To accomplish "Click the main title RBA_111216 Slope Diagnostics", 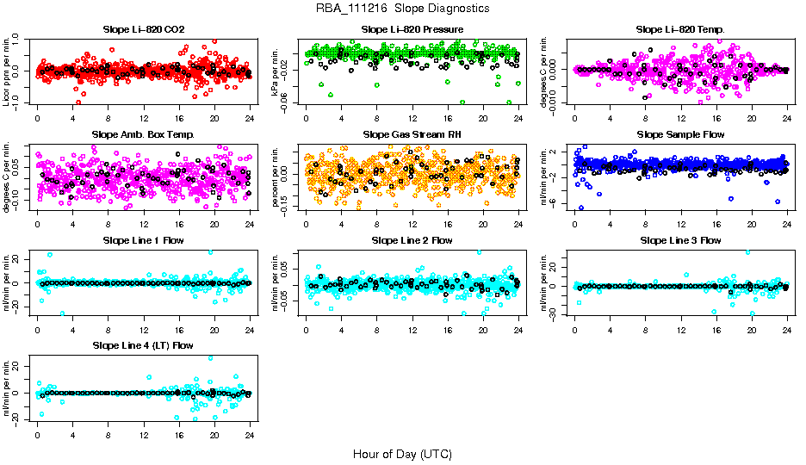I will tap(403, 8).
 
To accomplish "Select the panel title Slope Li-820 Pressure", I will tap(412, 29).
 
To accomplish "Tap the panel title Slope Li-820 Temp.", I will tap(680, 29).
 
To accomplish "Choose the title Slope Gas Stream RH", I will tap(412, 134).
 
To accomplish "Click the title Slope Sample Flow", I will tap(680, 134).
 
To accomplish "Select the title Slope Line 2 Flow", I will tap(412, 240).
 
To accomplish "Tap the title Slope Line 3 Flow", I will tap(680, 240).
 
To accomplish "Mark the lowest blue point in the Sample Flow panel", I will tap(581, 208).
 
